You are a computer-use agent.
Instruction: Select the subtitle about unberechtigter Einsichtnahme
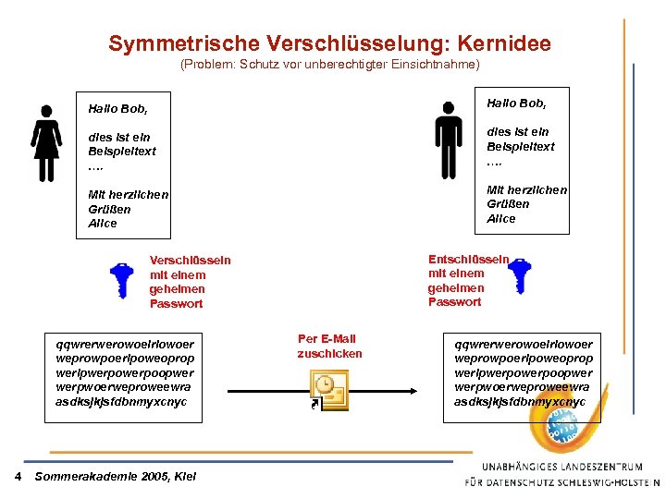(x=330, y=65)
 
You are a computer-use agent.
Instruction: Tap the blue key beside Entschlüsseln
(x=521, y=275)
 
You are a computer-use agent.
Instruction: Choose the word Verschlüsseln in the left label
(x=191, y=261)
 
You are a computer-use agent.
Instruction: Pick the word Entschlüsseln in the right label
(x=468, y=259)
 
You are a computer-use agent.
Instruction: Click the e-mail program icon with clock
(x=327, y=389)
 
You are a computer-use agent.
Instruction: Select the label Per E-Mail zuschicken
(x=329, y=347)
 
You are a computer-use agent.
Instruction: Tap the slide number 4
(x=18, y=477)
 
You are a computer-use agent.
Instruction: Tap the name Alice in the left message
(x=103, y=223)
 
